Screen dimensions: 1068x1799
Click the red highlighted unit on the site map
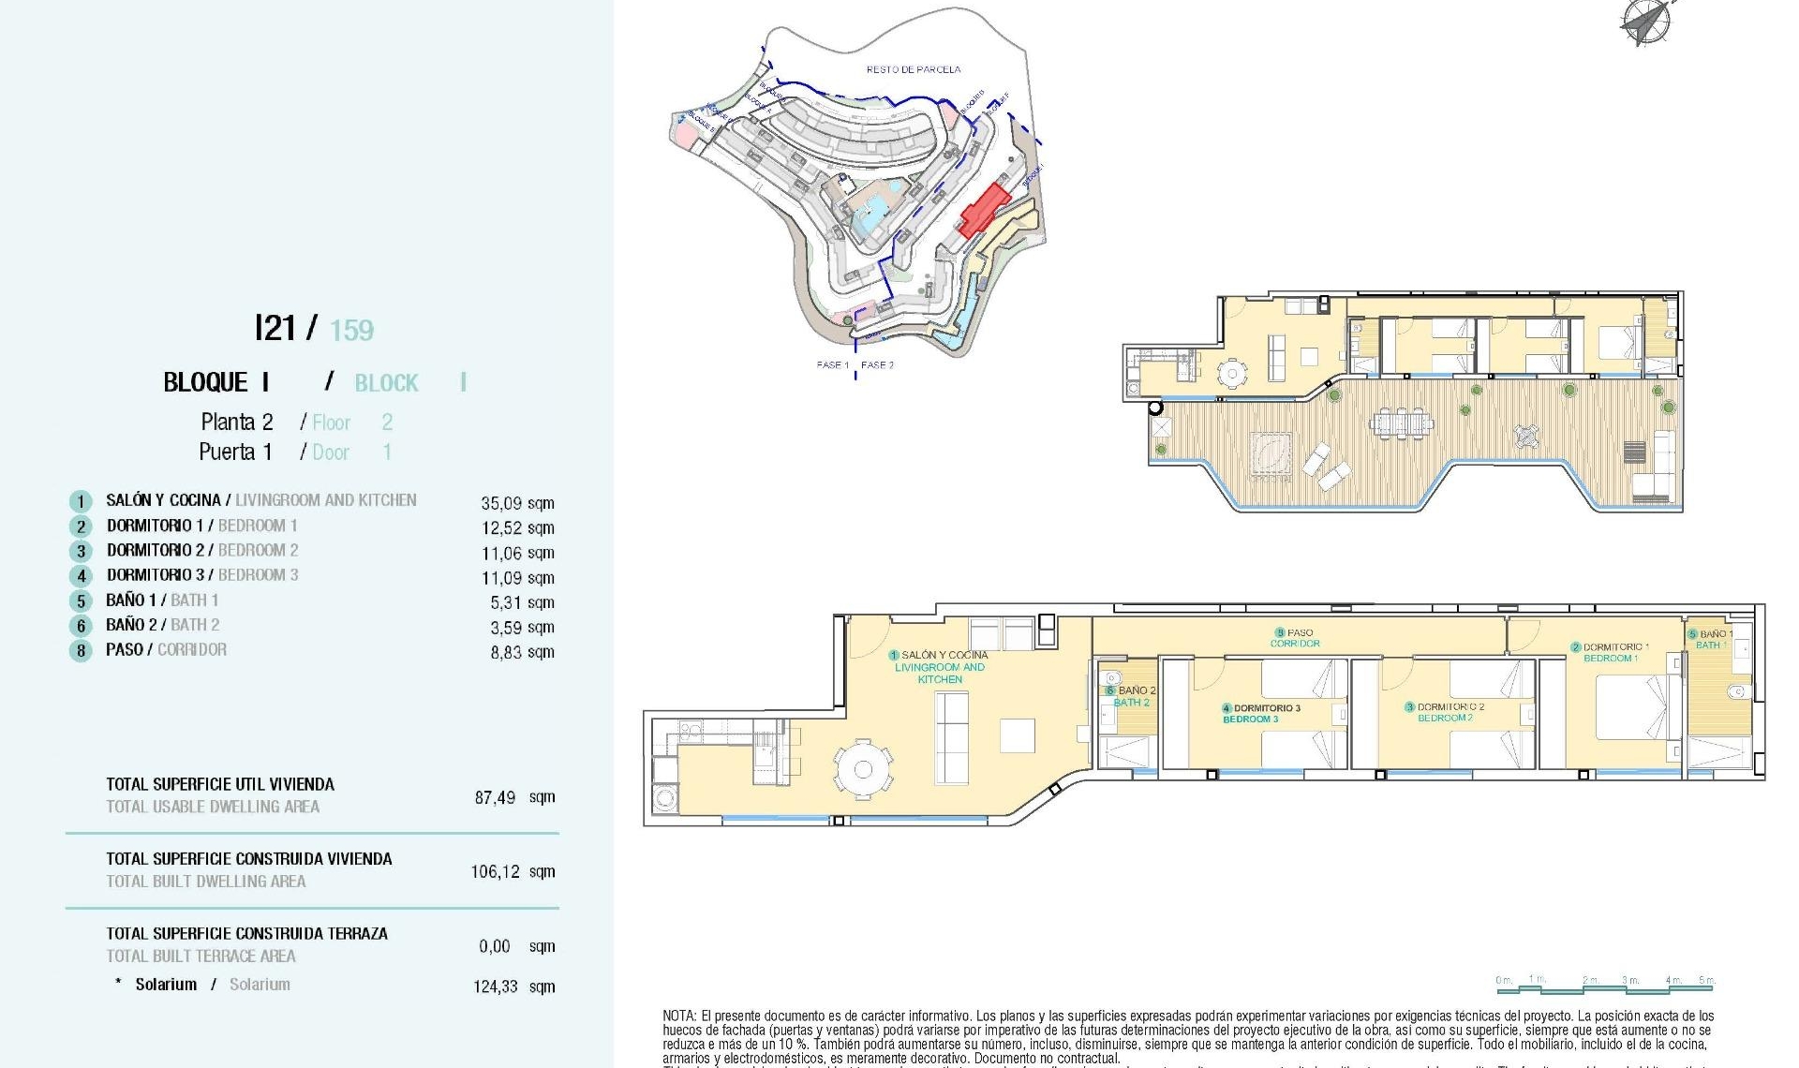click(x=983, y=209)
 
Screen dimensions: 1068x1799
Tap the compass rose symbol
click(x=1645, y=22)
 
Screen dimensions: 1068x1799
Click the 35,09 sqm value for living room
click(x=517, y=503)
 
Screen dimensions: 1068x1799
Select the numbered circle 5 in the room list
click(x=82, y=601)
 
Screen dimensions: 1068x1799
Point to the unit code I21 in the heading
click(x=275, y=328)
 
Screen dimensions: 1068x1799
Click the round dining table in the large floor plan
click(x=863, y=769)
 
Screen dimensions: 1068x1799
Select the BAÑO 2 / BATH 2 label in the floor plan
click(x=1134, y=696)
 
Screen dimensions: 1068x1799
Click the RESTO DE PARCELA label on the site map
click(x=913, y=69)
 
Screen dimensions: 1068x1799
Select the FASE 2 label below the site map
click(x=877, y=365)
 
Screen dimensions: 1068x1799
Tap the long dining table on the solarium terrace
click(x=1401, y=423)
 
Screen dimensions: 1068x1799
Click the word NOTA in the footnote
click(x=679, y=1016)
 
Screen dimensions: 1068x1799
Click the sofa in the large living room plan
click(x=952, y=738)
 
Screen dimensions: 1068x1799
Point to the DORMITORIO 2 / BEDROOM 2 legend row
click(x=201, y=551)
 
